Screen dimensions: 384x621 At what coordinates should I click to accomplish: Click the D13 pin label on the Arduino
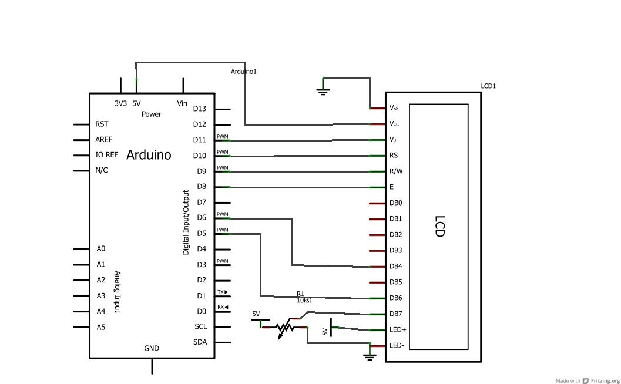[x=199, y=109]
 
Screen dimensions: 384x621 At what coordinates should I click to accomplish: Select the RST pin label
[x=102, y=124]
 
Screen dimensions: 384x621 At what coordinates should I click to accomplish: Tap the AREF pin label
[x=103, y=140]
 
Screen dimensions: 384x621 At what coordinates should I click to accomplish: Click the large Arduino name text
[x=149, y=155]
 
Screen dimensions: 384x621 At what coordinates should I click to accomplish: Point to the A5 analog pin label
[x=101, y=327]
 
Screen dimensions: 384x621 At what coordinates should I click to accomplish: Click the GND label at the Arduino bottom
[x=152, y=348]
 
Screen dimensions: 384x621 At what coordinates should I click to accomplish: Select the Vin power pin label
[x=182, y=103]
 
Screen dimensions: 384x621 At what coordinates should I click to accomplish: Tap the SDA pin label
[x=200, y=342]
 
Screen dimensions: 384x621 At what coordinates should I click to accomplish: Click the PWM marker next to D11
[x=222, y=137]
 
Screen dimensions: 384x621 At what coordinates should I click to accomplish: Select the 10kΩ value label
[x=304, y=301]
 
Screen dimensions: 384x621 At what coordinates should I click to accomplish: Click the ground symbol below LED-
[x=369, y=356]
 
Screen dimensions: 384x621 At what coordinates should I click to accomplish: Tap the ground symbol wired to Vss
[x=323, y=91]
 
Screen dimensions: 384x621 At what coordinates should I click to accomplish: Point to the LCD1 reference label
[x=488, y=86]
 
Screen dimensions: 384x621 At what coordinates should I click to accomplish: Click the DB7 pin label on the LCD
[x=395, y=314]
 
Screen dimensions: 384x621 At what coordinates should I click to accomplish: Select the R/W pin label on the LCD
[x=396, y=171]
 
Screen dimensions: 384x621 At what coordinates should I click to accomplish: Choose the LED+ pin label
[x=398, y=330]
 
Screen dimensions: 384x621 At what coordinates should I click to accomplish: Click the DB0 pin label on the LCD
[x=395, y=203]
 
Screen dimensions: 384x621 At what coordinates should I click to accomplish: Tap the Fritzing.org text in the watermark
[x=605, y=380]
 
